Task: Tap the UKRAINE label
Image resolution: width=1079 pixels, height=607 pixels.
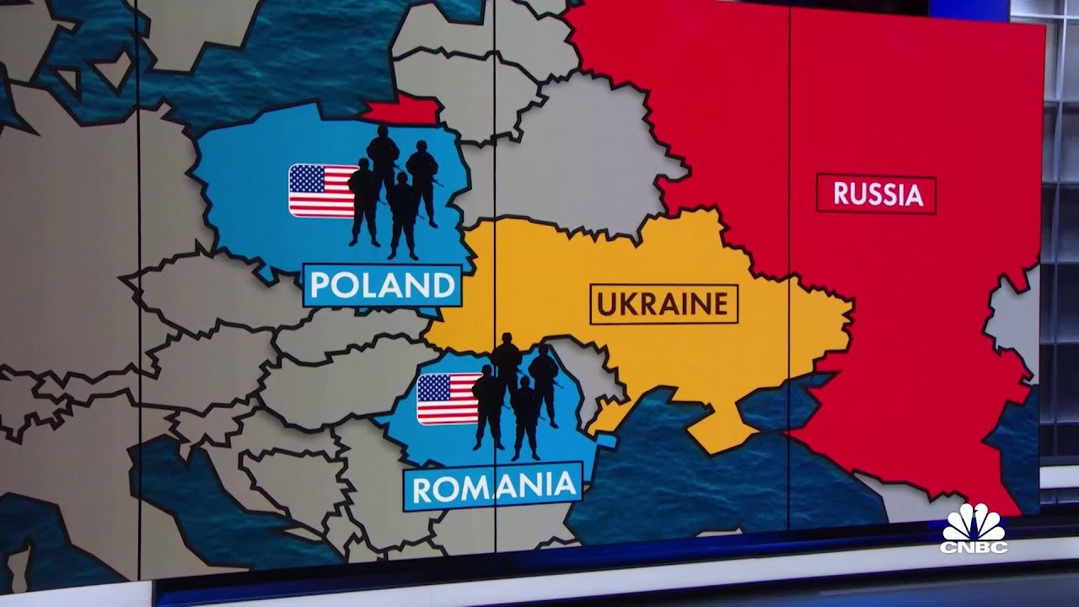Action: tap(663, 304)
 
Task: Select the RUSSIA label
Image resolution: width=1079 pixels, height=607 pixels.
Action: tap(877, 194)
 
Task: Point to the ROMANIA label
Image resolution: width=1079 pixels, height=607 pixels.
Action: tap(493, 486)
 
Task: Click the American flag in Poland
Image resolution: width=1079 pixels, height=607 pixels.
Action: tap(323, 191)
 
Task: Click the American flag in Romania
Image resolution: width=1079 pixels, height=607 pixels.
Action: tap(448, 399)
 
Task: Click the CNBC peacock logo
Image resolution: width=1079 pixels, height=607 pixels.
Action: tap(974, 524)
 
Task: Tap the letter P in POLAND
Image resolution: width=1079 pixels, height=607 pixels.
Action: tap(320, 286)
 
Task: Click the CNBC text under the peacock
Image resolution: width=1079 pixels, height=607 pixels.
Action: tap(974, 546)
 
